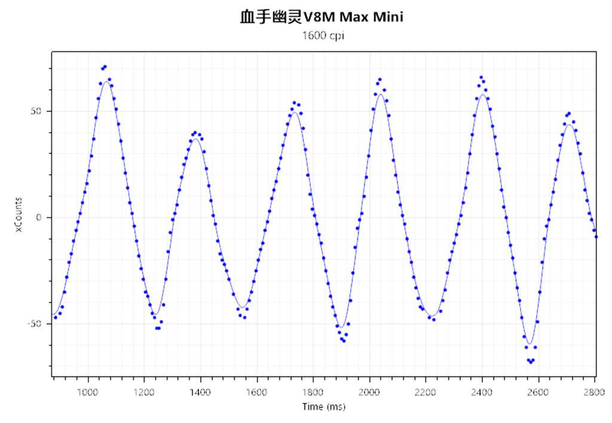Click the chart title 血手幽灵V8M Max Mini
pos(322,17)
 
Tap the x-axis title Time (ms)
pos(323,407)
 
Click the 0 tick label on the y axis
pos(39,217)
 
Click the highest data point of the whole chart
pos(105,66)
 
